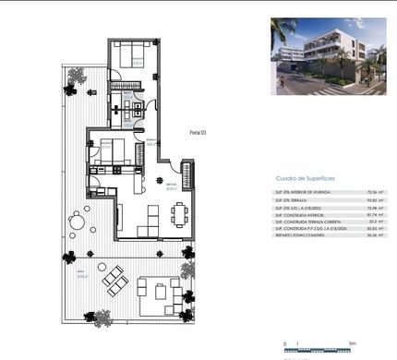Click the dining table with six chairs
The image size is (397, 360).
[x=178, y=215]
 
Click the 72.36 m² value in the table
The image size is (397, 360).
[x=375, y=191]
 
